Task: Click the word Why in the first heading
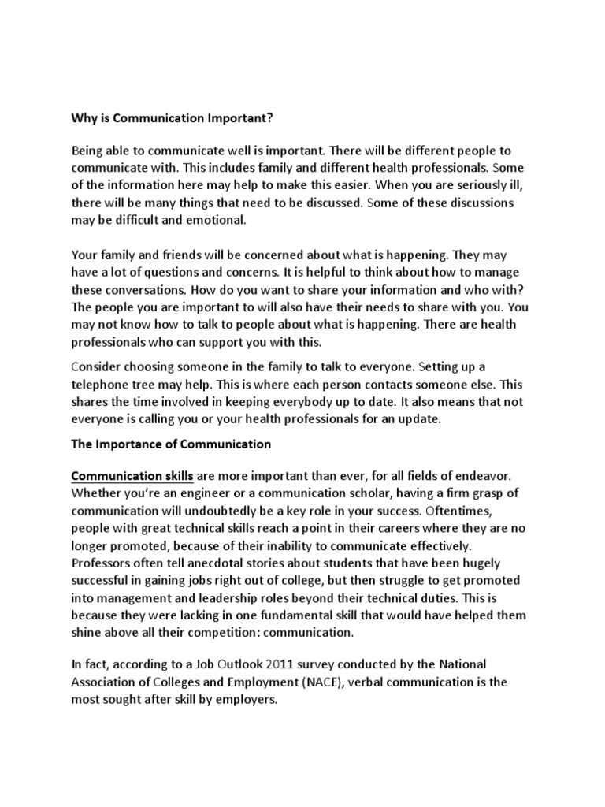(84, 119)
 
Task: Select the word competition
(264, 632)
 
